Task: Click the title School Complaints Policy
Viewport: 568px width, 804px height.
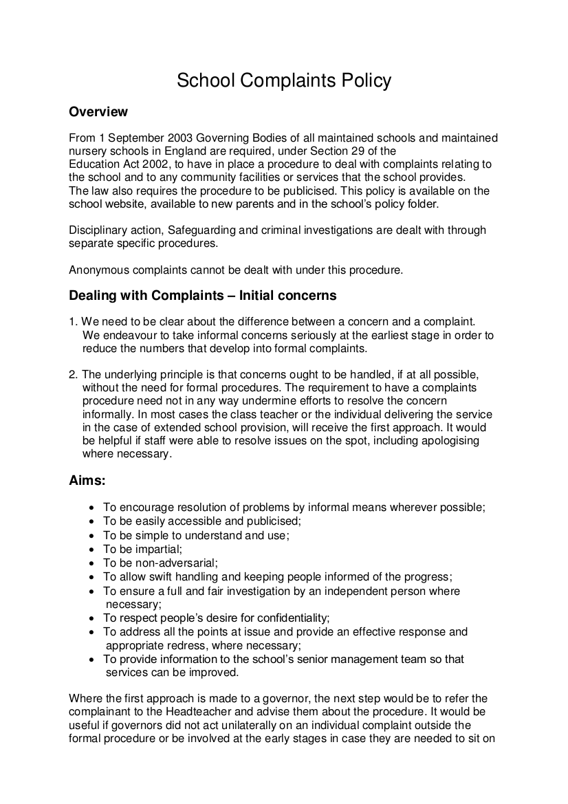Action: pos(284,80)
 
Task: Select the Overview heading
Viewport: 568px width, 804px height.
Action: pos(98,111)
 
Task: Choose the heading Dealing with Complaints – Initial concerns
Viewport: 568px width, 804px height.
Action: pos(203,296)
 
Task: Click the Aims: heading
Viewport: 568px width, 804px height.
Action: pos(87,481)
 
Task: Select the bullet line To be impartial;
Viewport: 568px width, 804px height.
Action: pos(142,550)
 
